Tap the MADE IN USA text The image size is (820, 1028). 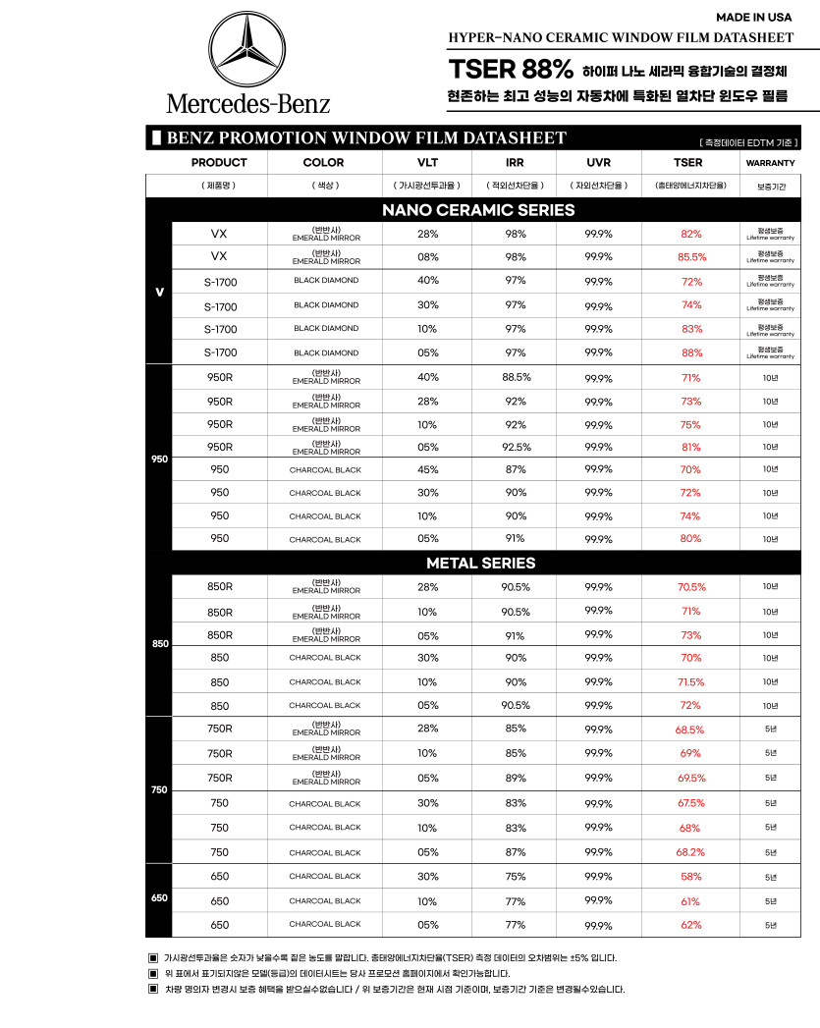[753, 17]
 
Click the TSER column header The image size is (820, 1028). [687, 162]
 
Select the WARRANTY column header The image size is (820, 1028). [770, 162]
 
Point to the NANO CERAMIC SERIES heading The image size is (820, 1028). [478, 210]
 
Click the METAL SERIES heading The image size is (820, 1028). [480, 563]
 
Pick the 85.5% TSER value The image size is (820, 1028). [691, 257]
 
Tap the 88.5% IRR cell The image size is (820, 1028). [516, 377]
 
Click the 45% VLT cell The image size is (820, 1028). [428, 469]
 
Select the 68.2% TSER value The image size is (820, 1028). [690, 852]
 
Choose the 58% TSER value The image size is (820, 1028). [690, 876]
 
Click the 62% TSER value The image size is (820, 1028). [690, 924]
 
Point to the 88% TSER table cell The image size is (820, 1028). [691, 352]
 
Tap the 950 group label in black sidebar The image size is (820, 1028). [159, 459]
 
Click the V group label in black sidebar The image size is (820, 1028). [159, 292]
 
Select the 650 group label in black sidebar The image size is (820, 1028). [159, 898]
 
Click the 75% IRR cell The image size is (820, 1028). [516, 876]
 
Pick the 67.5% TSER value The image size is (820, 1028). [690, 803]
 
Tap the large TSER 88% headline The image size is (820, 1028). [511, 70]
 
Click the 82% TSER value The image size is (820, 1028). [691, 234]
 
